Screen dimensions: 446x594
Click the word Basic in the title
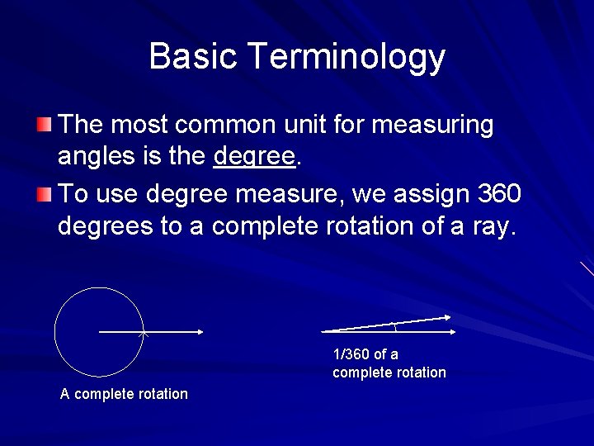click(193, 57)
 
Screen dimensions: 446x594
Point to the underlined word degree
click(253, 156)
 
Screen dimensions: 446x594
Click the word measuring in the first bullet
click(433, 126)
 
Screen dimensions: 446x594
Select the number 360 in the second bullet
click(499, 195)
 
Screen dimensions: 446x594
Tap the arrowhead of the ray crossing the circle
click(200, 332)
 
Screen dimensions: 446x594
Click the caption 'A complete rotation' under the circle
click(124, 394)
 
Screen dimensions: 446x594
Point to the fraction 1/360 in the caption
click(351, 354)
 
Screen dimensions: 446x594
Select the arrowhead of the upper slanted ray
click(446, 316)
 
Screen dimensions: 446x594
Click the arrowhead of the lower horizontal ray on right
click(453, 331)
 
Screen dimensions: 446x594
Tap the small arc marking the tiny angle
click(396, 326)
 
